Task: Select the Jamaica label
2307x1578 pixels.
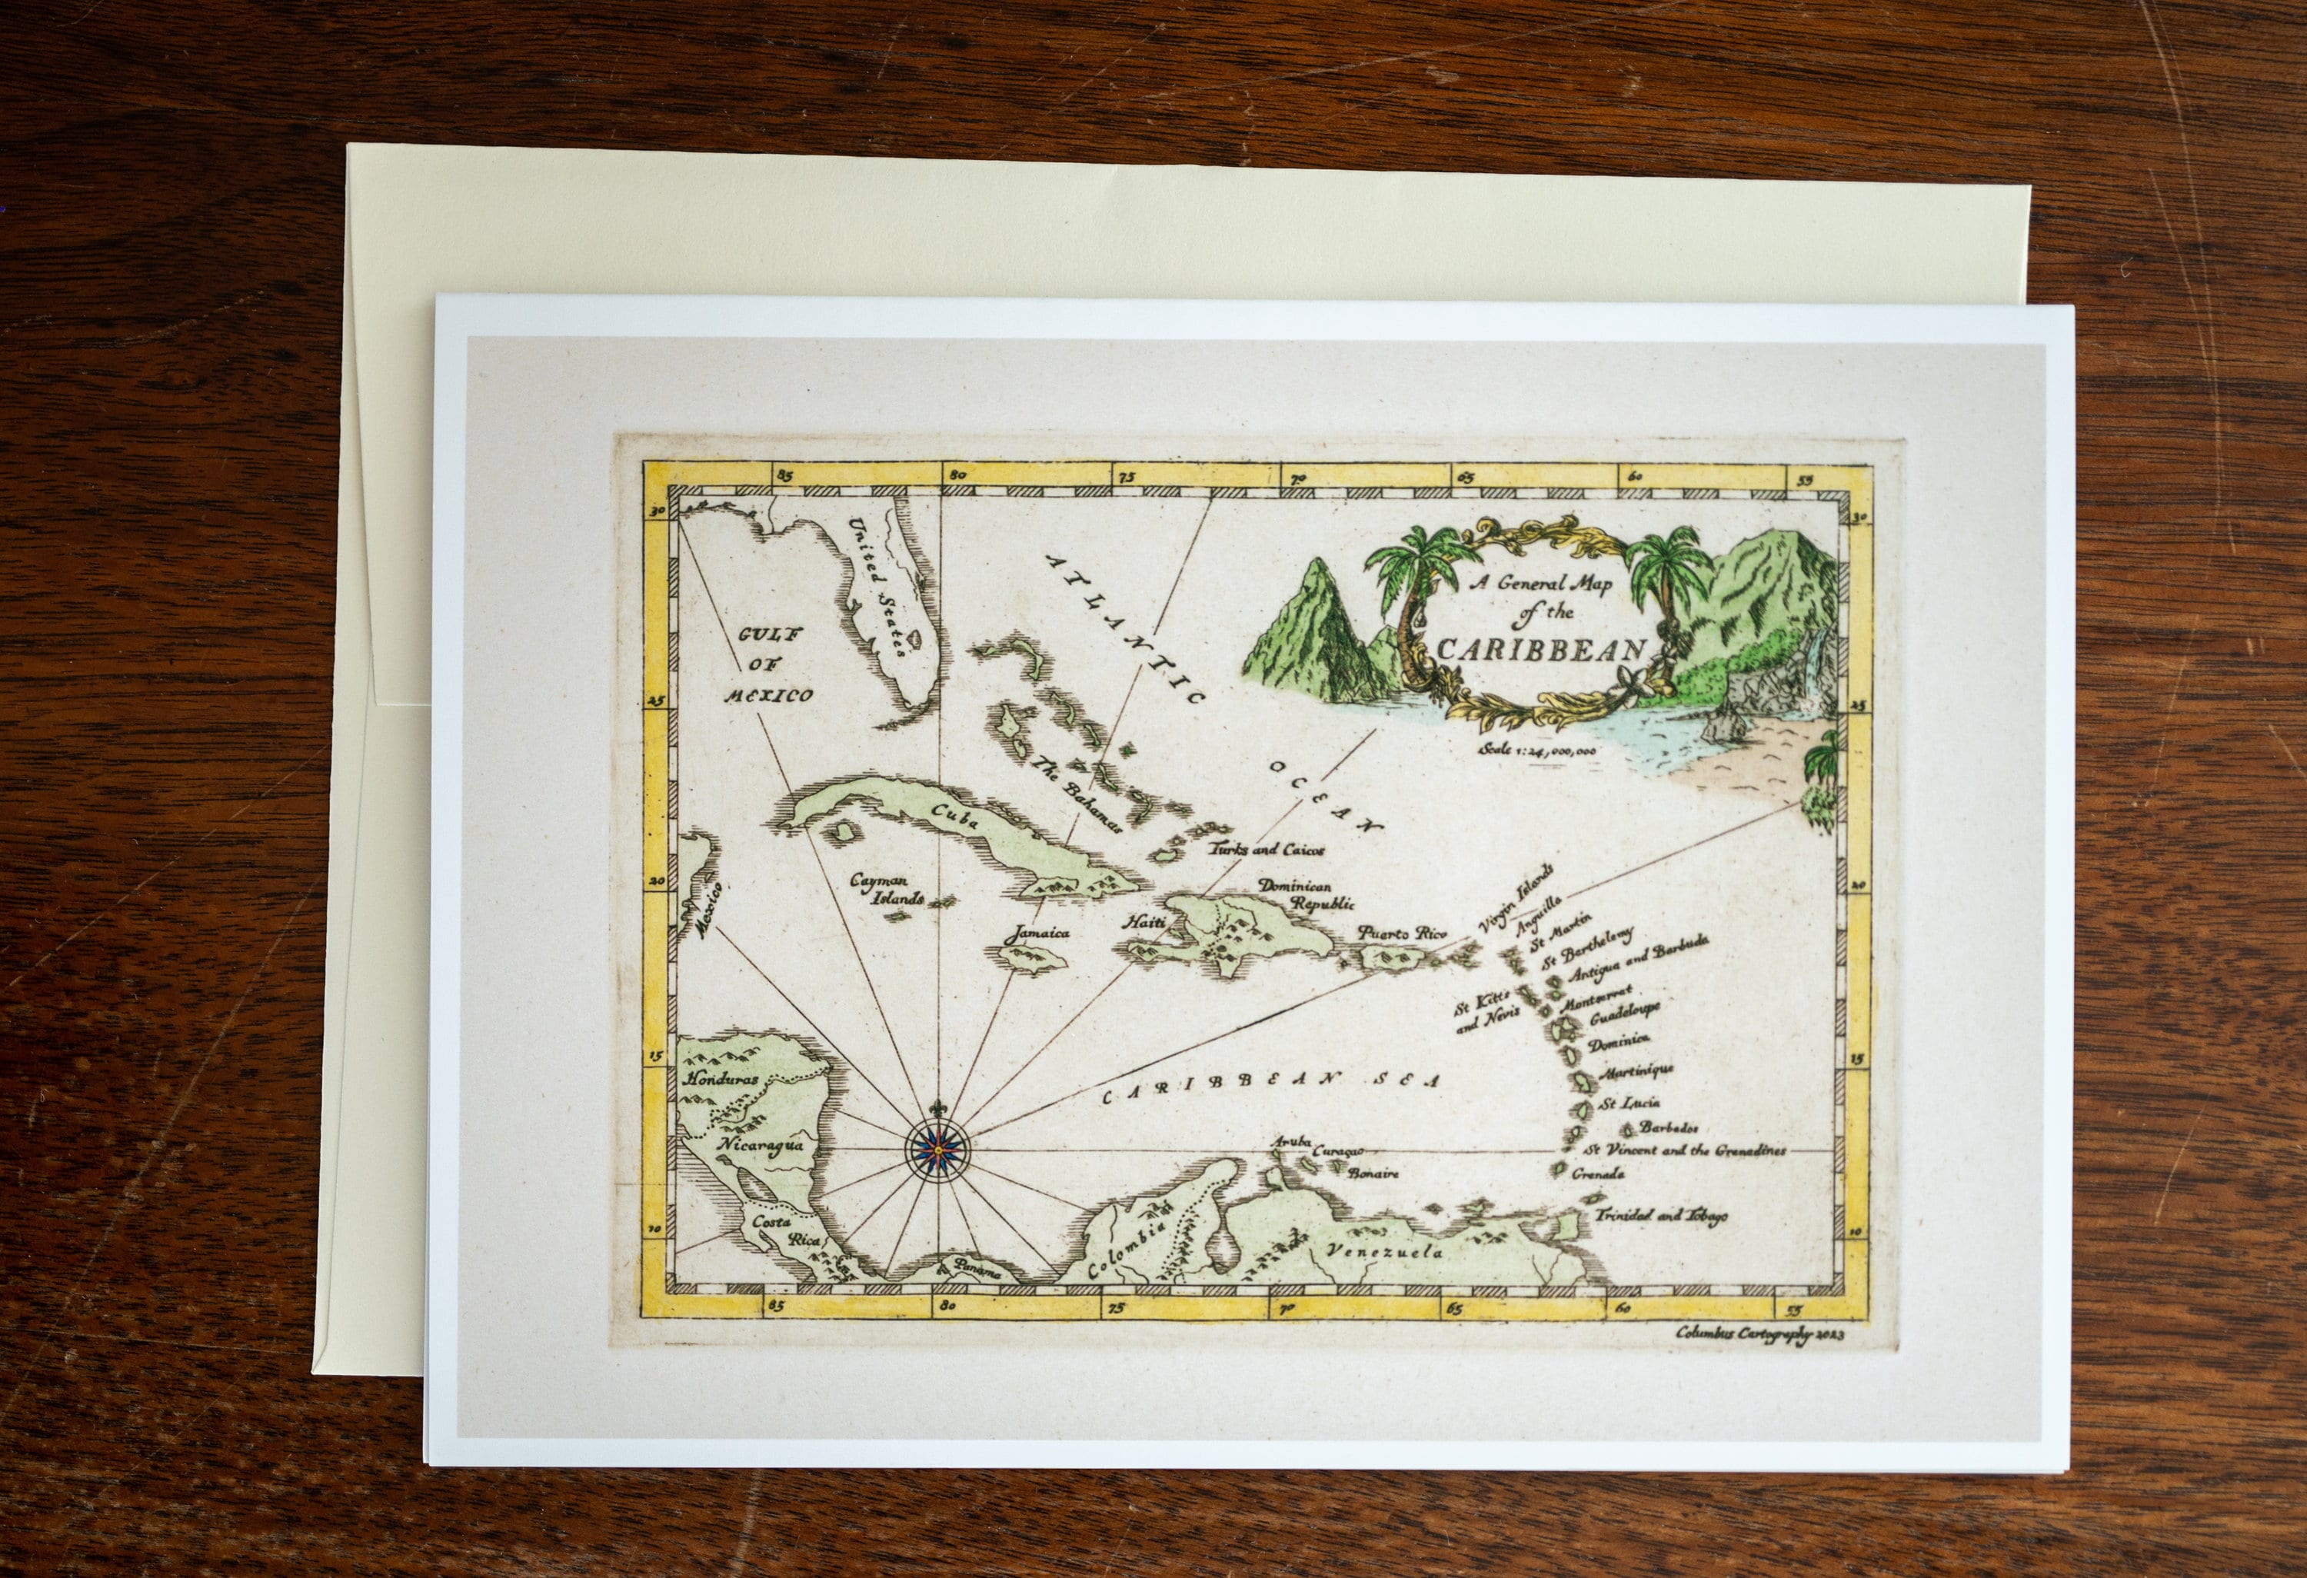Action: point(1034,934)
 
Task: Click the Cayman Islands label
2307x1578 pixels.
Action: point(887,887)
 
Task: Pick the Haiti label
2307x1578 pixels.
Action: point(1139,922)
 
